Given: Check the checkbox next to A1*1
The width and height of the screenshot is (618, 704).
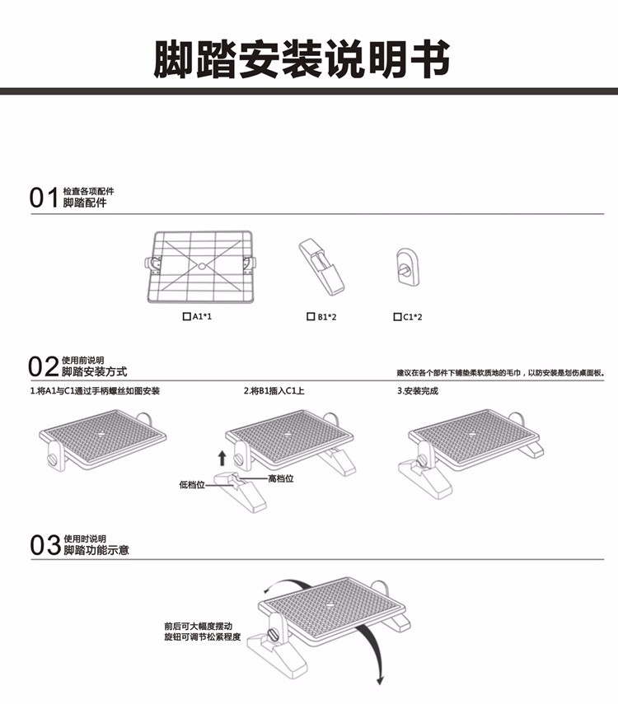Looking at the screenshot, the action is (185, 316).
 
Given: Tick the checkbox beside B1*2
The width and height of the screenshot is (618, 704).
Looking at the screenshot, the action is (310, 316).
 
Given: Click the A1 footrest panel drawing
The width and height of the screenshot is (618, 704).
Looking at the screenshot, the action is (203, 264).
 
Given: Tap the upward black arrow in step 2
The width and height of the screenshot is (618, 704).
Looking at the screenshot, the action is (222, 457).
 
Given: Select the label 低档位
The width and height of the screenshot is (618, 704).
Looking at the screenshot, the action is (191, 485).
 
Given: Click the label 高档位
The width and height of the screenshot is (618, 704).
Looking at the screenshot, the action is (281, 478).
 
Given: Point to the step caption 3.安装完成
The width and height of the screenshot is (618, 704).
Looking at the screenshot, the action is (418, 391).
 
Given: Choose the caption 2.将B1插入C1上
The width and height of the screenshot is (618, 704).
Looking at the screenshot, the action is (274, 391).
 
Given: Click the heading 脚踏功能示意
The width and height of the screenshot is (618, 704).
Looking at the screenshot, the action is (96, 550).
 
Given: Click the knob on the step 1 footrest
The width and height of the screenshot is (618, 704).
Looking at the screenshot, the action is (54, 457).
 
